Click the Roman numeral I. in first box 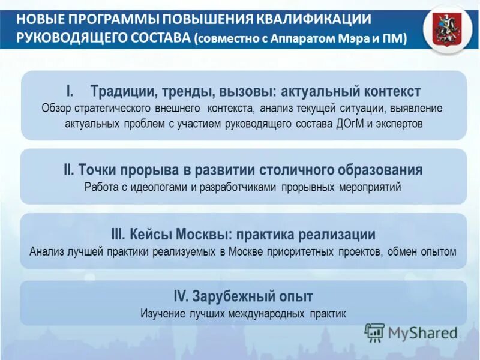70,91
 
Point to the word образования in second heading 379,170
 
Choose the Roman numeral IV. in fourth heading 182,296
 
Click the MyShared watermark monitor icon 374,332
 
